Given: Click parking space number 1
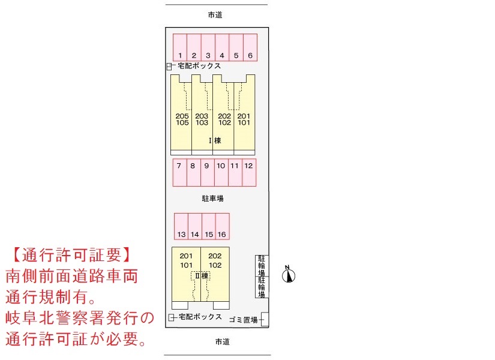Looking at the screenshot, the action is pyautogui.click(x=180, y=47).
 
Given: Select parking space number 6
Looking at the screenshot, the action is pyautogui.click(x=250, y=47).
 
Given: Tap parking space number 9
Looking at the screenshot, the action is pyautogui.click(x=208, y=172).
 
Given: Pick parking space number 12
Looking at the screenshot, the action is pyautogui.click(x=249, y=172).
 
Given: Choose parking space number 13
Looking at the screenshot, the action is pyautogui.click(x=181, y=226).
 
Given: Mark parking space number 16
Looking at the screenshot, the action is pyautogui.click(x=223, y=226).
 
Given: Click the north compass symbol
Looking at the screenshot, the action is pyautogui.click(x=288, y=275).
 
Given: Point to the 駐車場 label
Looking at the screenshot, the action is pyautogui.click(x=213, y=199).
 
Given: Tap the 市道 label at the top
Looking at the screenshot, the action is pyautogui.click(x=215, y=15).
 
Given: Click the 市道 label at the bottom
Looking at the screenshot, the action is pyautogui.click(x=222, y=341).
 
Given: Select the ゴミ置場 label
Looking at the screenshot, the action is pyautogui.click(x=244, y=320).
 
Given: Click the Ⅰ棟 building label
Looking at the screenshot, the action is pyautogui.click(x=215, y=140).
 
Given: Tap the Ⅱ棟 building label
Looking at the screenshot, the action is pyautogui.click(x=202, y=275).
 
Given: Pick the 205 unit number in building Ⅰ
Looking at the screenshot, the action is pyautogui.click(x=182, y=116).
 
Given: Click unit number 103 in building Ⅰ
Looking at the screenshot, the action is pyautogui.click(x=202, y=122).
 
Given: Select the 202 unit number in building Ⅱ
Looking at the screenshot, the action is pyautogui.click(x=215, y=256).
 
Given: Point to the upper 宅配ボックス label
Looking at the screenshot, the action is pyautogui.click(x=199, y=65).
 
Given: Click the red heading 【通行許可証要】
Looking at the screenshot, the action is pyautogui.click(x=71, y=255).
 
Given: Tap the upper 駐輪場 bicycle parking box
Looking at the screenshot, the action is pyautogui.click(x=262, y=266).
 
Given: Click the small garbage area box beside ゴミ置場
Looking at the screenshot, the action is pyautogui.click(x=265, y=319).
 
